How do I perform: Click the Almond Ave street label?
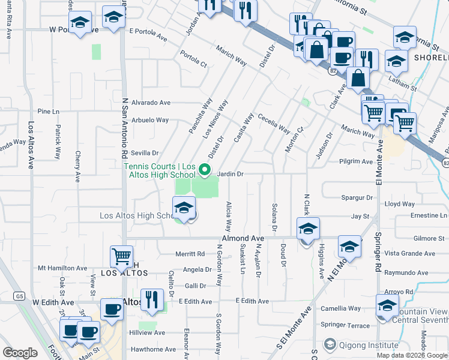[243, 238]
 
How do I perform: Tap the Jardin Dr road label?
[230, 174]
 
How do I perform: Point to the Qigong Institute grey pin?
[329, 345]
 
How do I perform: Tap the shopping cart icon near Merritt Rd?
[121, 256]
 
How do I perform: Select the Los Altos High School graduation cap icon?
[184, 209]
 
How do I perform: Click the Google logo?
[20, 353]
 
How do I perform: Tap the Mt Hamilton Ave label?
[62, 268]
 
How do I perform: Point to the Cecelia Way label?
[274, 123]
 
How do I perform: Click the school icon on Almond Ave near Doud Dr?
[307, 229]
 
